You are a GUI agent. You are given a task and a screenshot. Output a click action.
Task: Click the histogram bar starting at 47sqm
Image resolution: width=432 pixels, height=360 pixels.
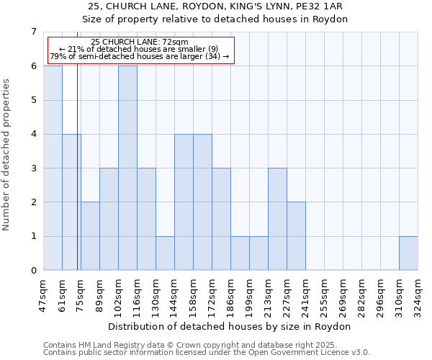pyautogui.click(x=53, y=168)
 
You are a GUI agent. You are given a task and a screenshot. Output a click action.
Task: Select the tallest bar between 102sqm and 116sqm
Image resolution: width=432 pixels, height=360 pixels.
pyautogui.click(x=127, y=168)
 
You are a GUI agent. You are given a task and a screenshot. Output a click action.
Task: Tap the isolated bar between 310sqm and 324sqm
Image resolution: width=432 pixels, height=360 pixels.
pyautogui.click(x=408, y=253)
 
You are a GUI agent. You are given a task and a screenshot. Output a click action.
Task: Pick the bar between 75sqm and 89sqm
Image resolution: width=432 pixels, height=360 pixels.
pyautogui.click(x=90, y=236)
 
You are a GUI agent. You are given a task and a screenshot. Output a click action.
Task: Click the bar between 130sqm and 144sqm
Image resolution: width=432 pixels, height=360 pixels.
pyautogui.click(x=165, y=253)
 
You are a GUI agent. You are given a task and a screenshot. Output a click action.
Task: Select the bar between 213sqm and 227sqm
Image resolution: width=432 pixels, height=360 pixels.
pyautogui.click(x=277, y=219)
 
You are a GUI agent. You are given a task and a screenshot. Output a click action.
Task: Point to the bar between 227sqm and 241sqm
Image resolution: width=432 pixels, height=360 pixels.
pyautogui.click(x=296, y=236)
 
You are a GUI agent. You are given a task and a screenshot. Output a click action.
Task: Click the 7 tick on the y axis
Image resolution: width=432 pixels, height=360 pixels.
pyautogui.click(x=33, y=32)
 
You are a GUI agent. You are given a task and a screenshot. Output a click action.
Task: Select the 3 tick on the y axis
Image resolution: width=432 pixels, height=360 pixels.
pyautogui.click(x=33, y=168)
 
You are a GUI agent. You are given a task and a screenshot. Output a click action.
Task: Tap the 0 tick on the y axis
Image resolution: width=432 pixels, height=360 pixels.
pyautogui.click(x=33, y=271)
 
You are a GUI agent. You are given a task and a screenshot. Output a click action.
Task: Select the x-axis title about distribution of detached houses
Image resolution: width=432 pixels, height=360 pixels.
pyautogui.click(x=230, y=326)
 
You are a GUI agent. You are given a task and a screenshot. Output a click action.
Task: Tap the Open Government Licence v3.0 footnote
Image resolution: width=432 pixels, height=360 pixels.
pyautogui.click(x=207, y=353)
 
